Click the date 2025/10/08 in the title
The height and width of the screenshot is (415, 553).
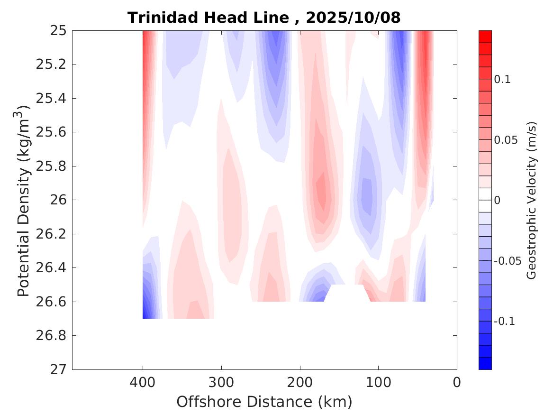coord(353,18)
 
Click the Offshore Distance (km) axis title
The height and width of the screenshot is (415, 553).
coord(264,402)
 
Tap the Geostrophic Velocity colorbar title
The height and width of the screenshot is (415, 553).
coord(532,200)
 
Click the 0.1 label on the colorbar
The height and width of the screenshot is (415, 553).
coord(502,79)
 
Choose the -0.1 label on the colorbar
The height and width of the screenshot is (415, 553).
coord(504,322)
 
